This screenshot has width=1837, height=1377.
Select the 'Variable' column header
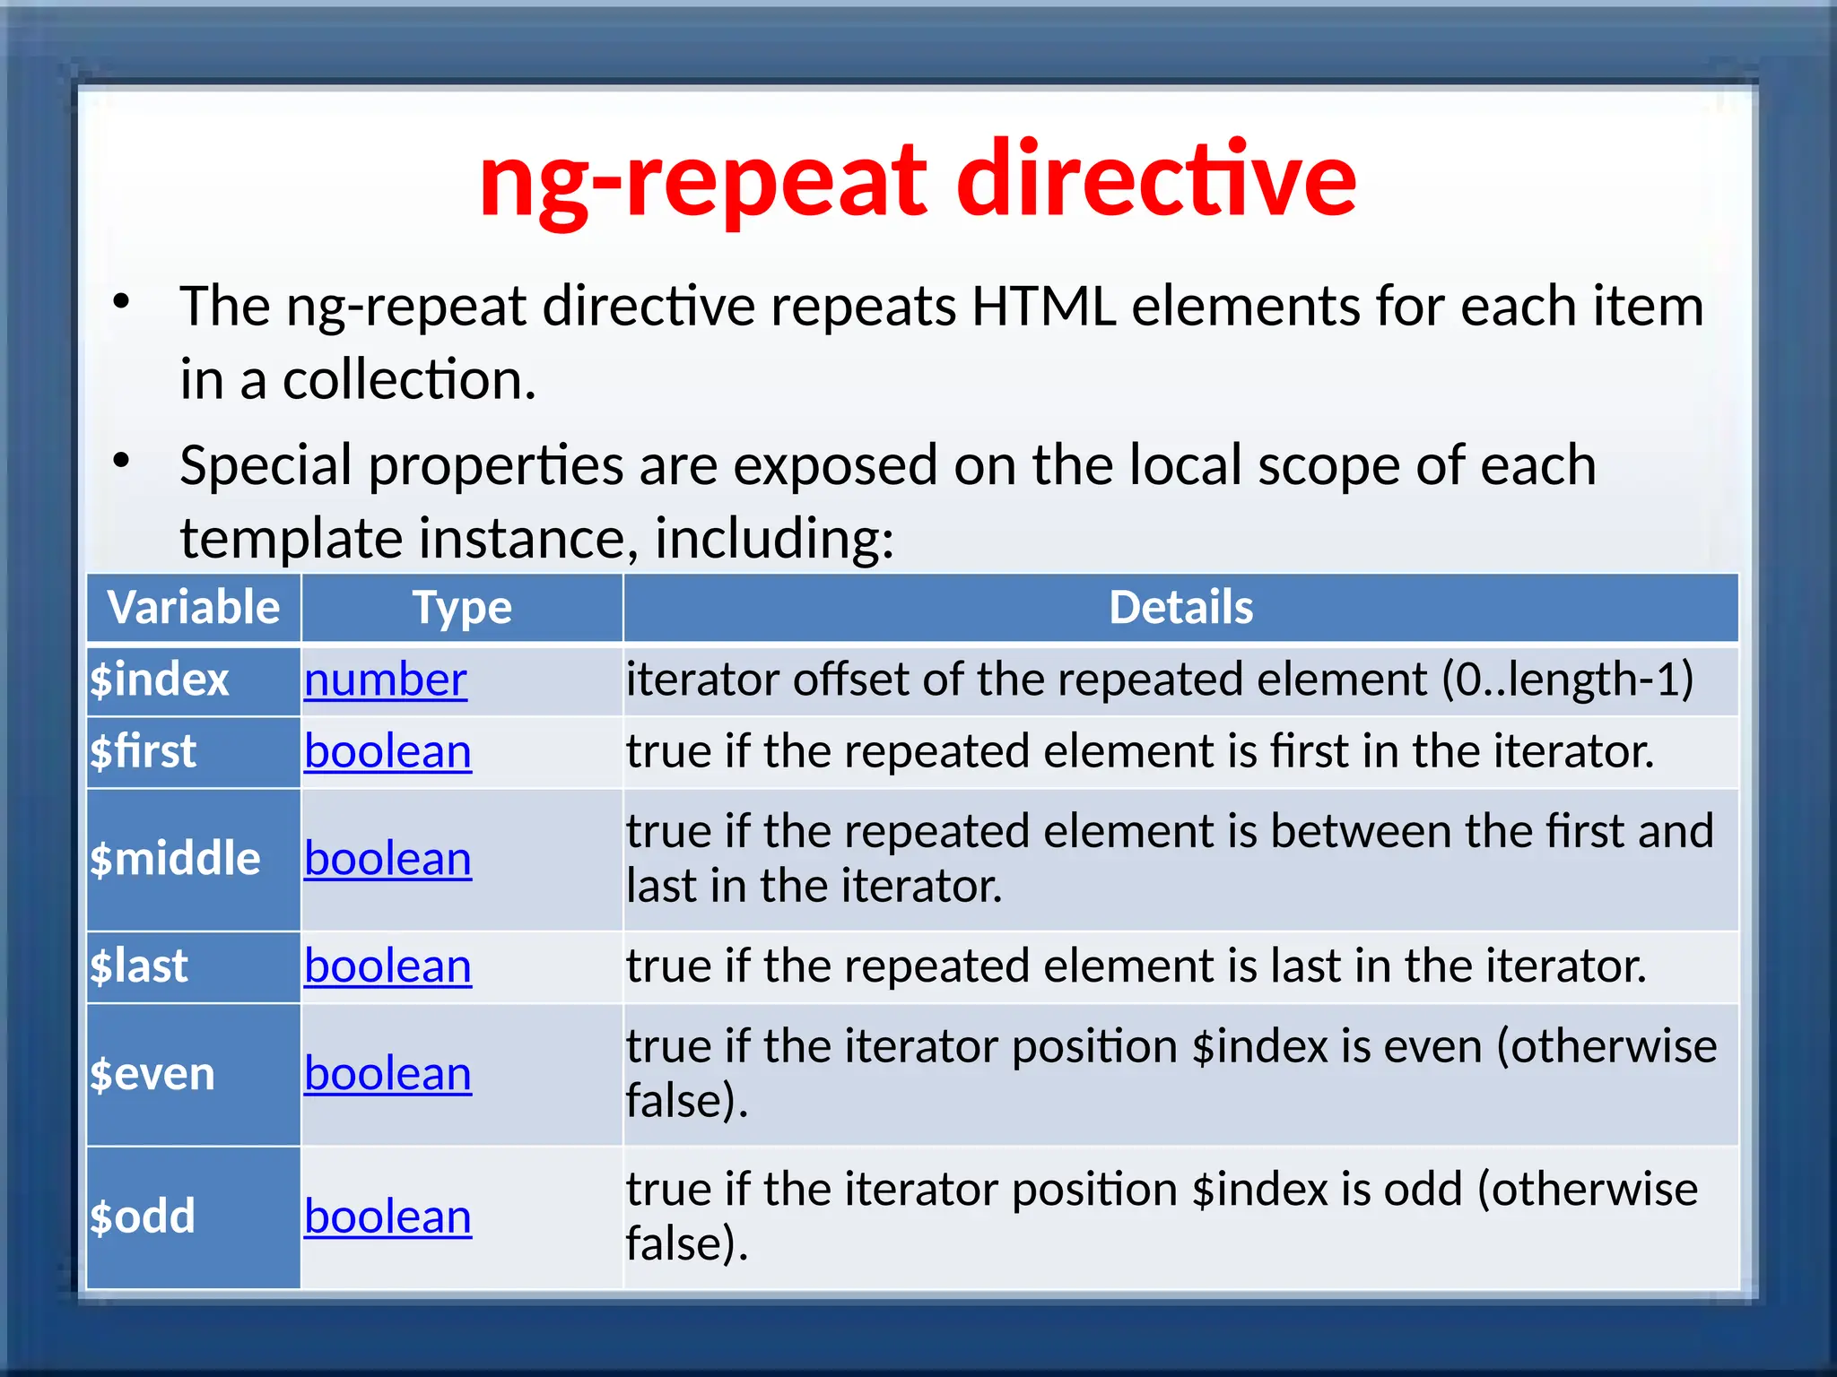click(194, 608)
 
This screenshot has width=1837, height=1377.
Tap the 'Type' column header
click(462, 608)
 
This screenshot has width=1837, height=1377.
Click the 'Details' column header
click(1180, 608)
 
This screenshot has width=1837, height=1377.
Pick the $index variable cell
click(160, 680)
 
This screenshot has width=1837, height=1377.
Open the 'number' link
click(385, 680)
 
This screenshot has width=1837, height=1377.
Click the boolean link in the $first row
click(387, 751)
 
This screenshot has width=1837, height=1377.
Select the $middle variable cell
click(175, 859)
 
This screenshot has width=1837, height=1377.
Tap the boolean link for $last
click(387, 966)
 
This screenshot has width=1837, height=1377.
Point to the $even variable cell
click(152, 1074)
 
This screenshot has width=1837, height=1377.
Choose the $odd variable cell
click(143, 1217)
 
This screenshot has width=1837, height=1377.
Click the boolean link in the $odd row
click(387, 1217)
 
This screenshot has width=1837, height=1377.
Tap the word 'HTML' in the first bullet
click(1044, 307)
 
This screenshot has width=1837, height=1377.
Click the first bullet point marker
click(122, 302)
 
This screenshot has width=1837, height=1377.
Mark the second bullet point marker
click(122, 461)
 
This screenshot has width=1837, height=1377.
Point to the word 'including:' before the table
click(774, 539)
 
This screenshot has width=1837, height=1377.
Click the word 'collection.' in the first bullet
click(409, 380)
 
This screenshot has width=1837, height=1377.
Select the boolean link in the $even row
click(387, 1074)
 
